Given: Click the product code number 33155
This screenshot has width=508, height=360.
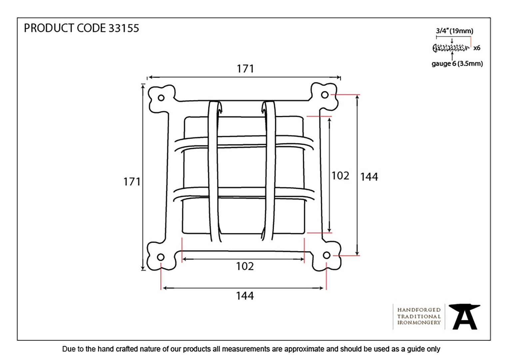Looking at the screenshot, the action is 124,28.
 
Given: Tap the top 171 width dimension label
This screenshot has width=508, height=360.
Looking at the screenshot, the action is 245,69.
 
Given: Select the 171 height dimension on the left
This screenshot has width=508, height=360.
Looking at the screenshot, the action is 132,182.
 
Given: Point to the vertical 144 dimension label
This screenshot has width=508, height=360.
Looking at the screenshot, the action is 369,177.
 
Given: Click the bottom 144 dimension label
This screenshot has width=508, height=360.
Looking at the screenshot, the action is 245,296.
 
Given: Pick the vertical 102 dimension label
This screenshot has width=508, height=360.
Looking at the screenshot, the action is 340,176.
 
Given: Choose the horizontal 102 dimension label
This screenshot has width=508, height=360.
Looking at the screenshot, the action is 245,266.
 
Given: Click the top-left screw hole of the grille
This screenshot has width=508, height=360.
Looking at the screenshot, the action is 161,98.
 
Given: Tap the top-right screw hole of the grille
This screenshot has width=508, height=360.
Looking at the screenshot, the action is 325,95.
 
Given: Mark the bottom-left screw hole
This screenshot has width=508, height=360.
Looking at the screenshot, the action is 161,257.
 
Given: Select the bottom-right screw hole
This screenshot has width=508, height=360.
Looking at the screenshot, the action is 326,255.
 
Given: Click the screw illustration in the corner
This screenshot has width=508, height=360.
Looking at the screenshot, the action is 451,48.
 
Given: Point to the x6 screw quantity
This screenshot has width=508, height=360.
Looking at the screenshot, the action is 477,48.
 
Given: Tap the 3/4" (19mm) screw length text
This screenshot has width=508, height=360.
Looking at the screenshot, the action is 454,31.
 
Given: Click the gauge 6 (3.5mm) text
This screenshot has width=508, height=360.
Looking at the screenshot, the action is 457,64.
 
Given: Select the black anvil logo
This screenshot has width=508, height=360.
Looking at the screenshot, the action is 465,317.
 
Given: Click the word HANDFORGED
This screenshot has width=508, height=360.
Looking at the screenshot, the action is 419,310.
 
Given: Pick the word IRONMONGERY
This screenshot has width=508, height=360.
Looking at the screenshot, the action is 419,323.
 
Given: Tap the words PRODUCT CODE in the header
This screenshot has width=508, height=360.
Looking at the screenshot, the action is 65,28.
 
